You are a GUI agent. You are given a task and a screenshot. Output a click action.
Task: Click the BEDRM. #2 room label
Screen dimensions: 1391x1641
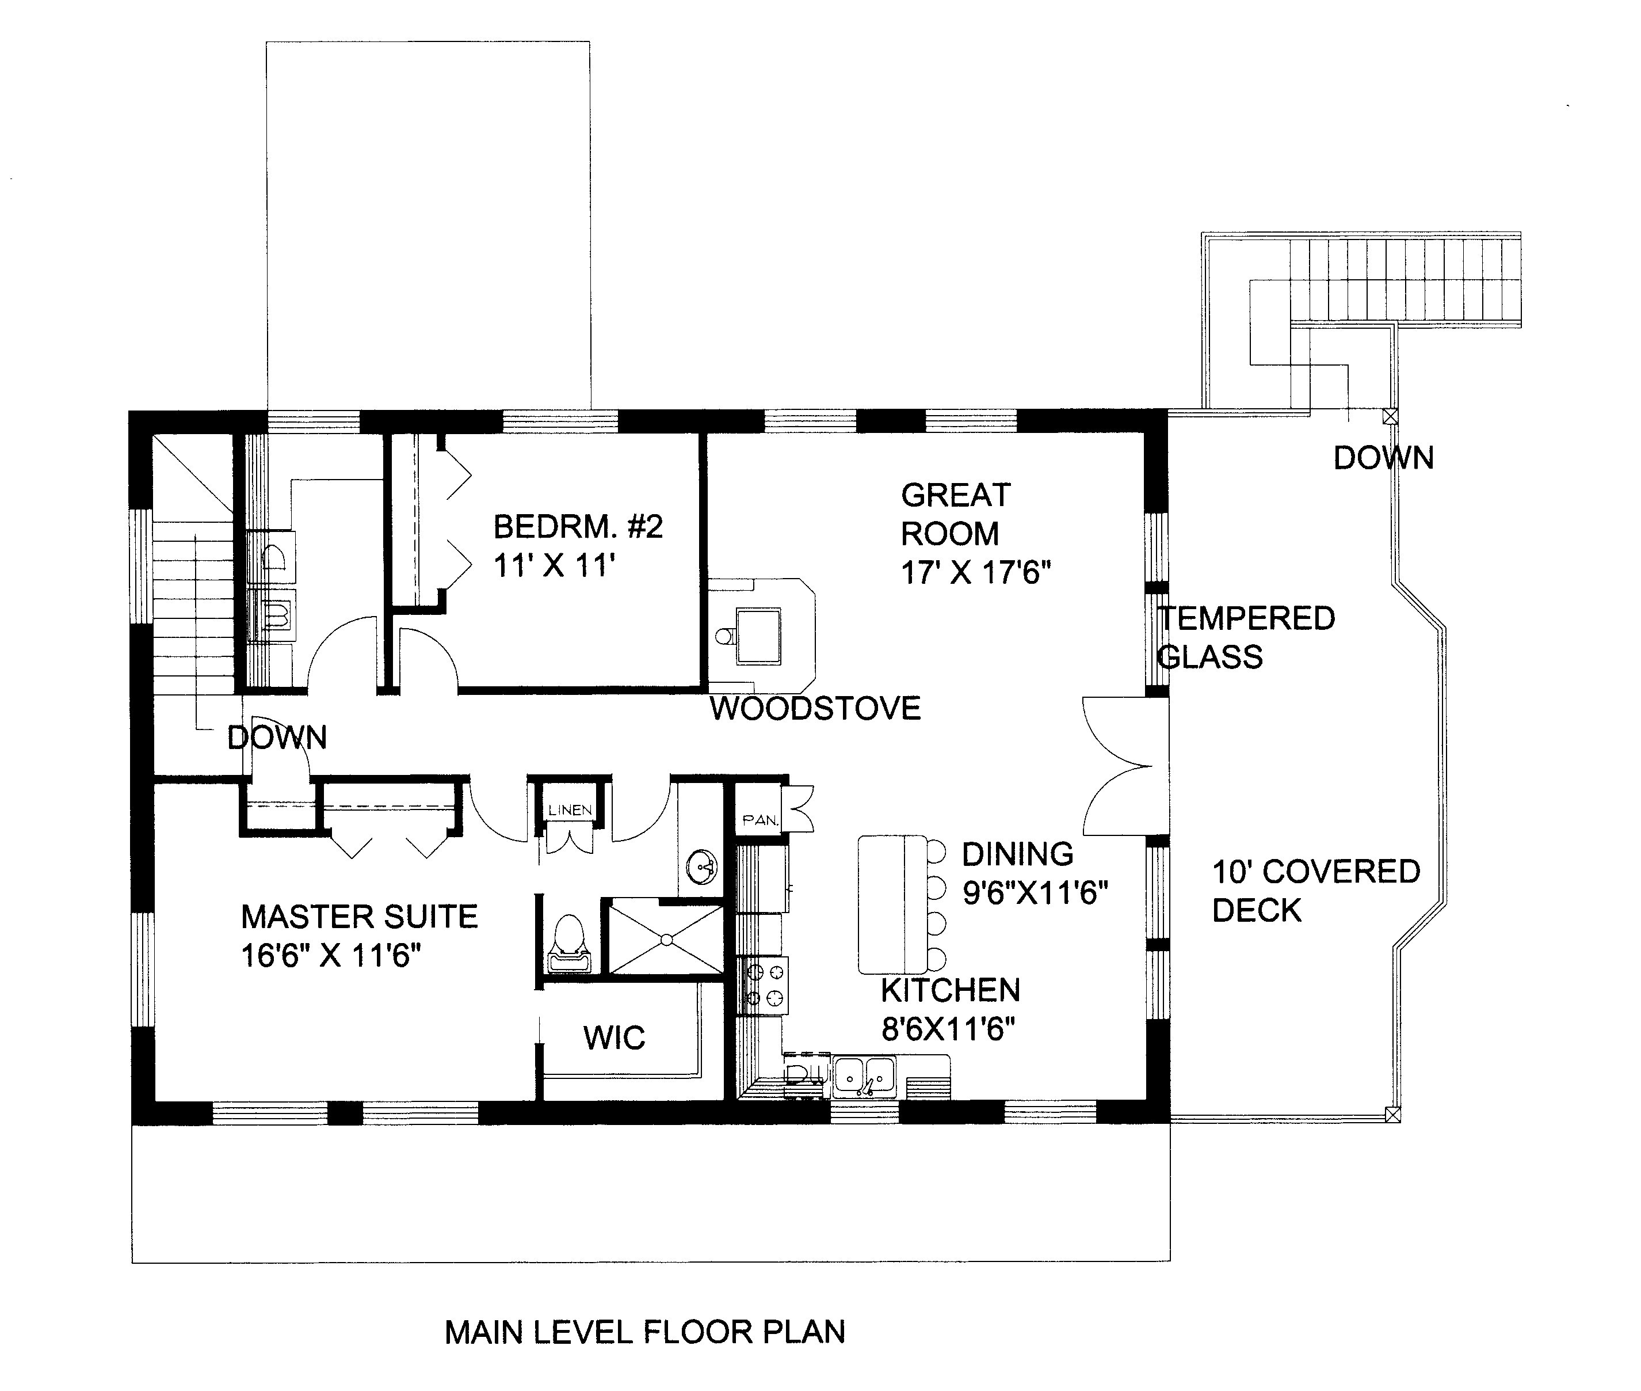578,527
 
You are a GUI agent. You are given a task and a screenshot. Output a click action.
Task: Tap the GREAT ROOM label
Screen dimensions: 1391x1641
955,514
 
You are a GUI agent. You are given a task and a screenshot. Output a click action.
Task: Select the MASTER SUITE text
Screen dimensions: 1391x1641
360,917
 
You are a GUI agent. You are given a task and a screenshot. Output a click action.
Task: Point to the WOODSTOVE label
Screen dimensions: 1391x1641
815,709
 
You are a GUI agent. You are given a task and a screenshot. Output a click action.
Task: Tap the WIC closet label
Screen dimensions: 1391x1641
614,1037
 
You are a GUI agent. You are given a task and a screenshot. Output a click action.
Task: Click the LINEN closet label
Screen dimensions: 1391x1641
570,810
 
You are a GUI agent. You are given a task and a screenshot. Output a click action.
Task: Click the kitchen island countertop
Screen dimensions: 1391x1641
892,904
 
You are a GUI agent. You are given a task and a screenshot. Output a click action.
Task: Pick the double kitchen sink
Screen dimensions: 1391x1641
865,1075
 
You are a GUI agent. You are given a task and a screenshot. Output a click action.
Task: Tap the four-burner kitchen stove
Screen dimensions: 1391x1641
763,986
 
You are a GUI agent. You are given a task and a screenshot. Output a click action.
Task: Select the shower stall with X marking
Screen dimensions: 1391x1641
666,939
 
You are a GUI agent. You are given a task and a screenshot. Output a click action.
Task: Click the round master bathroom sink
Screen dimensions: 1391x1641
701,868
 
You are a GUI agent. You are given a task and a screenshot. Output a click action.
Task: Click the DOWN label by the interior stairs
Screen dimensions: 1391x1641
277,738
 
